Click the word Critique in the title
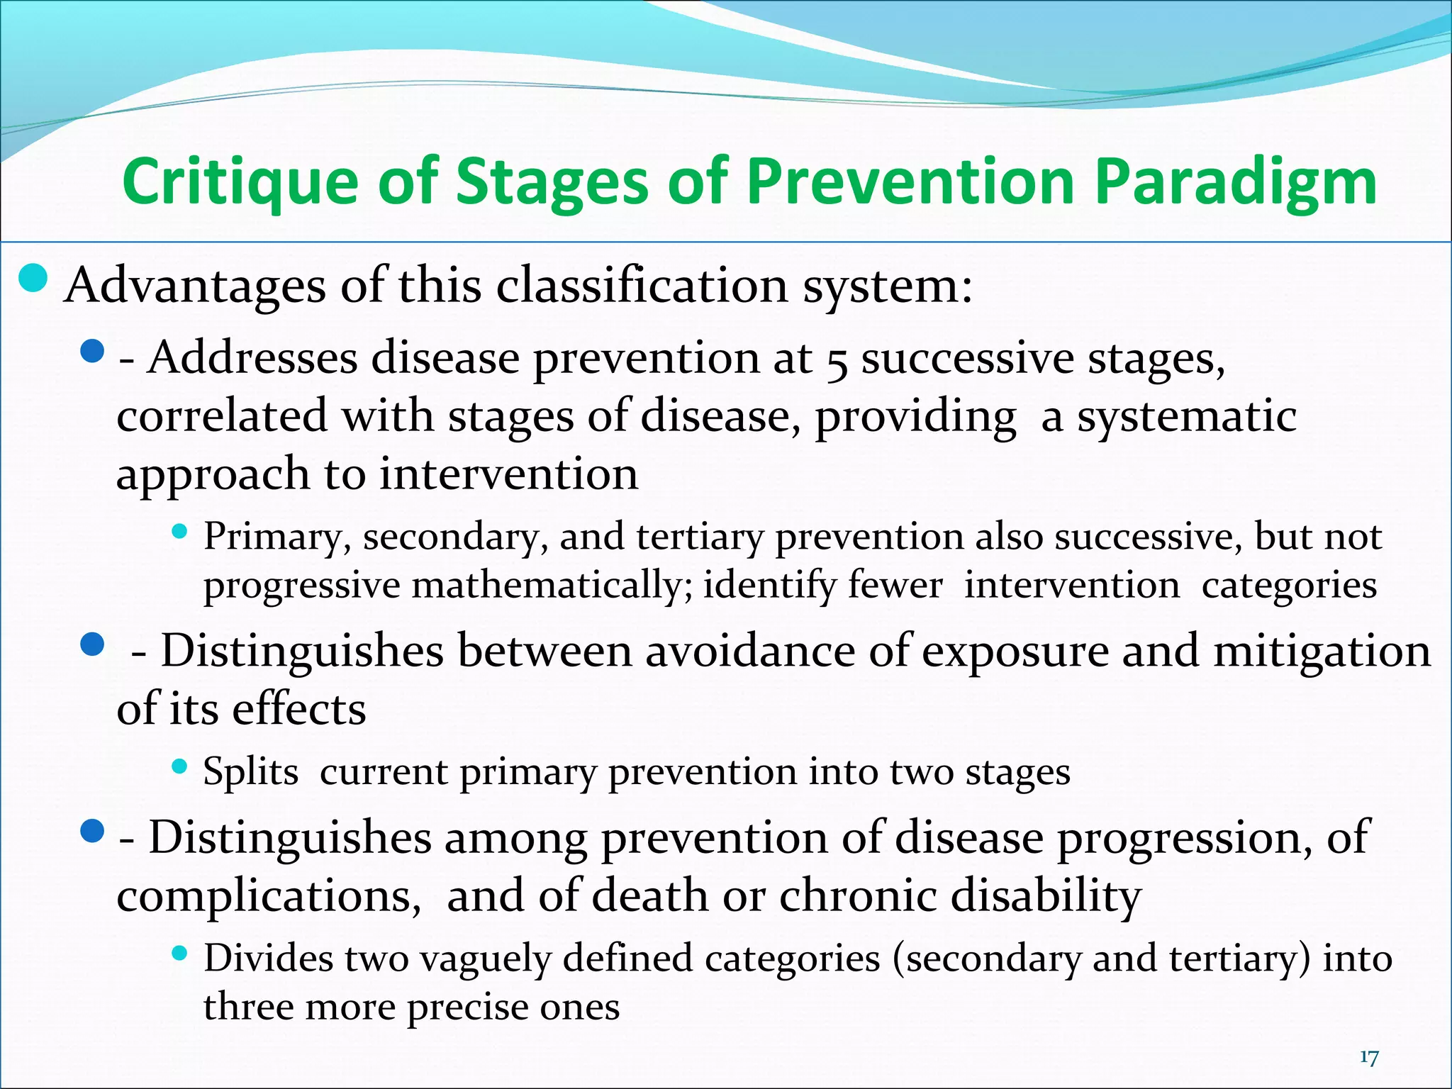[240, 182]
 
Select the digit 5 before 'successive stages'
[837, 360]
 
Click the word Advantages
[196, 286]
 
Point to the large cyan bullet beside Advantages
[33, 279]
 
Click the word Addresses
[252, 357]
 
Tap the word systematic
[1187, 416]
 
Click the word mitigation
[1322, 651]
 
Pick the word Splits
[250, 772]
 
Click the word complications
[264, 896]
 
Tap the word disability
[1046, 896]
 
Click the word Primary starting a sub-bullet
[272, 537]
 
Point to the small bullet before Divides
[179, 954]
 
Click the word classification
[642, 286]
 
